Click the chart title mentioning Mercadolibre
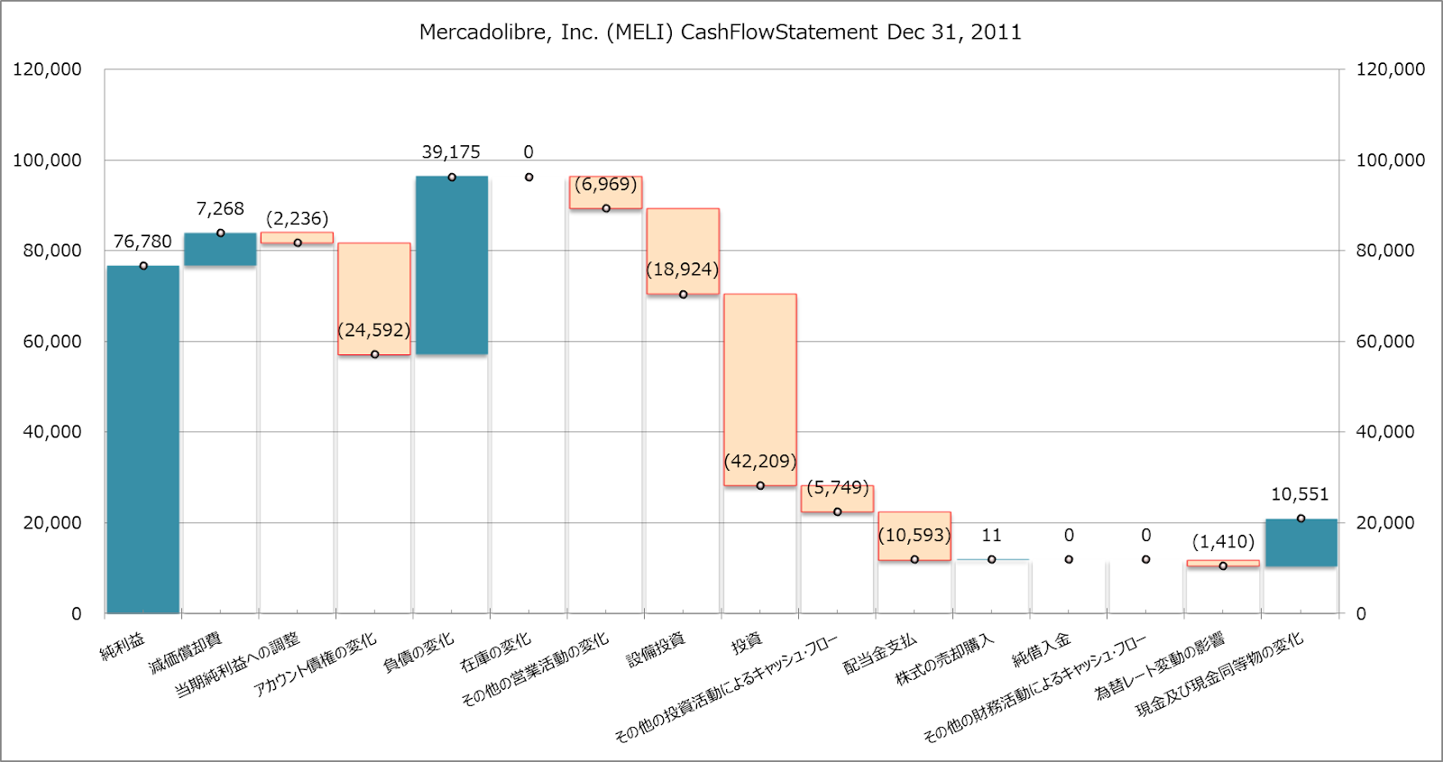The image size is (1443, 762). tap(720, 32)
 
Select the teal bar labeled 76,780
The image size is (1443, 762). tap(143, 439)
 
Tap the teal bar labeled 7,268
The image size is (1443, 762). tap(220, 250)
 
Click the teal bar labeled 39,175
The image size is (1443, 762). tap(452, 265)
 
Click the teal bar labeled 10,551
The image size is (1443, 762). tap(1301, 543)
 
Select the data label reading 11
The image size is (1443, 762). tap(991, 535)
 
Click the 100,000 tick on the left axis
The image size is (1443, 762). tap(47, 161)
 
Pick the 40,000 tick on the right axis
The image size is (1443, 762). tap(1385, 432)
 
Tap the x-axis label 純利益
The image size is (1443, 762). tap(123, 646)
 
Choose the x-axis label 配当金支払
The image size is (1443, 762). tap(879, 654)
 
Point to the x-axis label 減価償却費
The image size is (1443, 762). tap(185, 654)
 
